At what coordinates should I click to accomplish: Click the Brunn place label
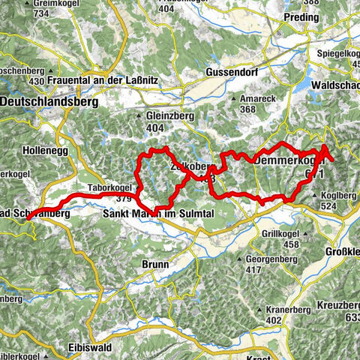(155, 263)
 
